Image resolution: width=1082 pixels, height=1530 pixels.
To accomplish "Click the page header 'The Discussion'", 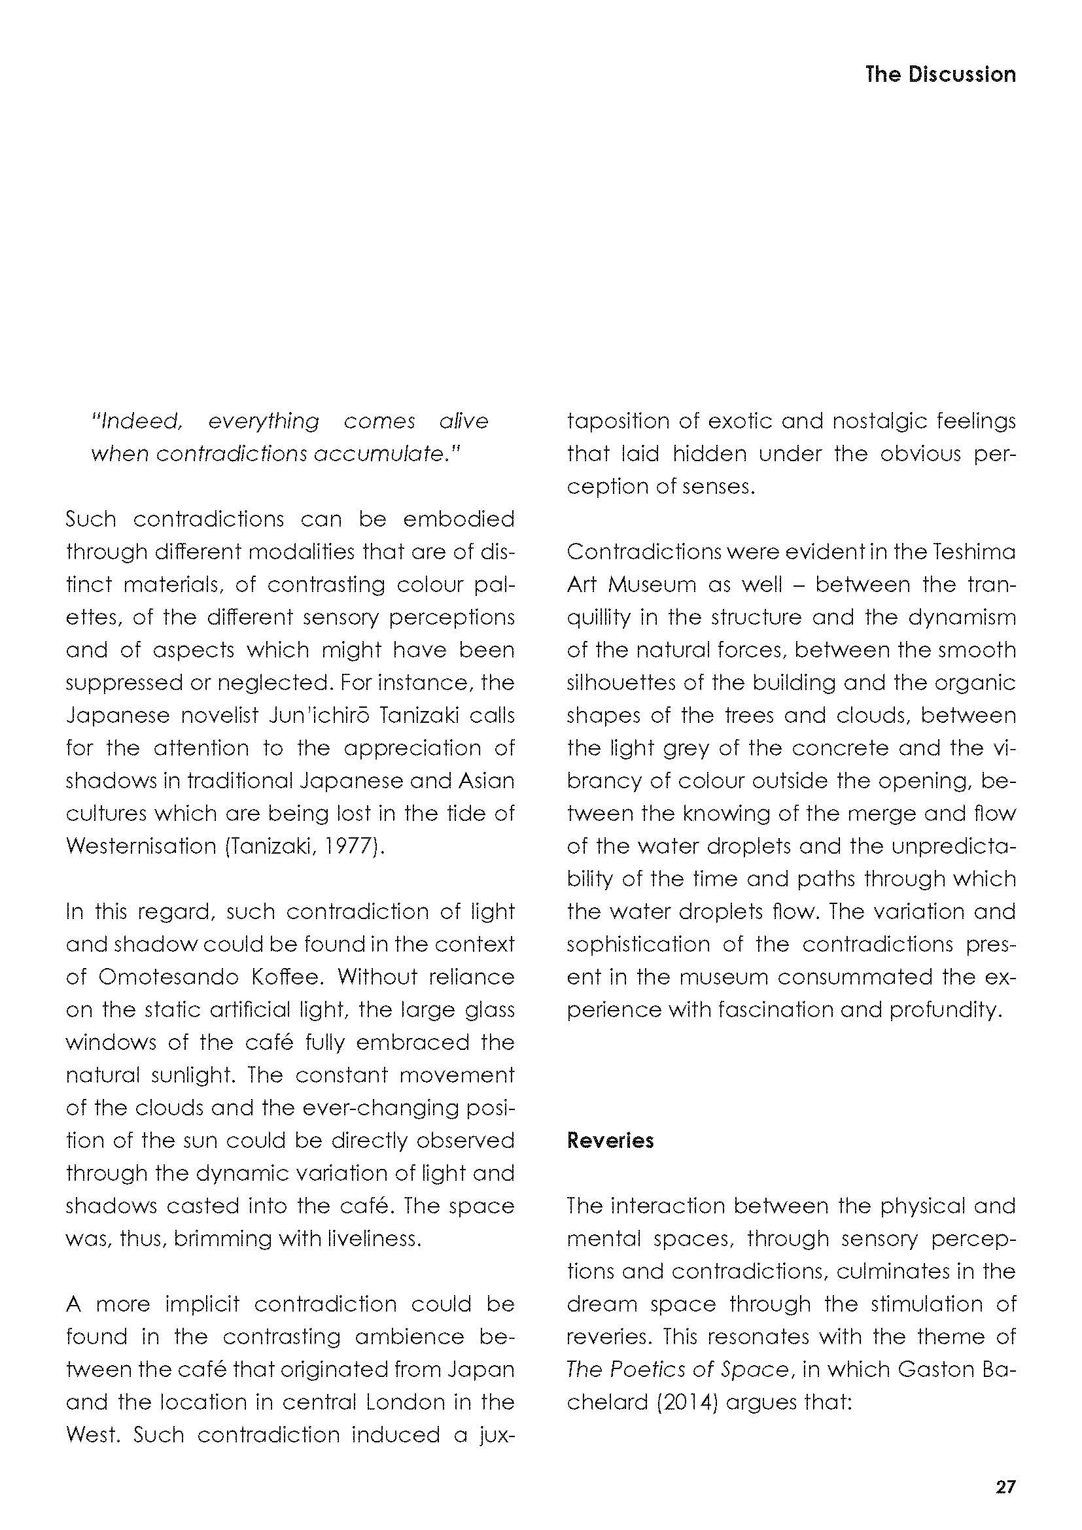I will pyautogui.click(x=940, y=74).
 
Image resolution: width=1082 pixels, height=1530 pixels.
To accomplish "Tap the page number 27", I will pyautogui.click(x=1005, y=1487).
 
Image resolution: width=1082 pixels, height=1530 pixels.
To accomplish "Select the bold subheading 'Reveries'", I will pyautogui.click(x=610, y=1140).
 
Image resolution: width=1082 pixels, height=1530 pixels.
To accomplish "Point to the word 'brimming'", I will pyautogui.click(x=220, y=1238).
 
